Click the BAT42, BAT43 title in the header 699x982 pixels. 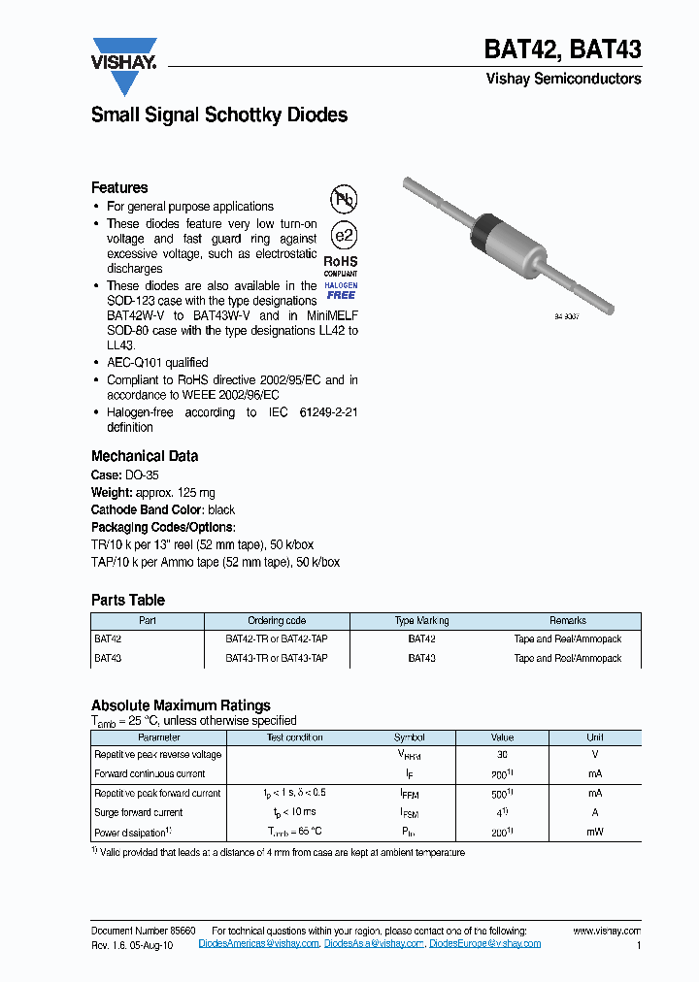tap(562, 49)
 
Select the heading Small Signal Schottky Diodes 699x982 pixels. tap(218, 115)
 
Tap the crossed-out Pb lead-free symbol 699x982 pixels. tap(344, 200)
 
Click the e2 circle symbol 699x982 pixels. tap(344, 236)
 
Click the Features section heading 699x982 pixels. tap(119, 187)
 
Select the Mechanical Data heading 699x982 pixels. tap(145, 456)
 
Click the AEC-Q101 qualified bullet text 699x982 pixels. tap(157, 362)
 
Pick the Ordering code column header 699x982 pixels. tap(278, 621)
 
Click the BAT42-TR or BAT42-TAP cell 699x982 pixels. tap(277, 639)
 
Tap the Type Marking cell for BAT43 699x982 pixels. tap(421, 658)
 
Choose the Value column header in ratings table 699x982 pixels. tap(502, 737)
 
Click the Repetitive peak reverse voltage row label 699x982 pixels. tap(157, 755)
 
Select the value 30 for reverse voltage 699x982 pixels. tap(502, 755)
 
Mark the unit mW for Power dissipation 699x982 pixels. tap(594, 833)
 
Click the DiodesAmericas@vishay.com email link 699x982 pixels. tap(258, 943)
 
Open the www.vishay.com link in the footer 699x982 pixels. tap(607, 931)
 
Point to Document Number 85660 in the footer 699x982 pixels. tap(144, 931)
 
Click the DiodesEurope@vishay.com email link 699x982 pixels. tap(485, 943)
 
